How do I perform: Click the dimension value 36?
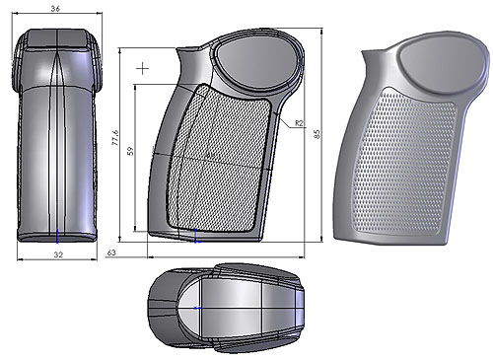tap(57, 8)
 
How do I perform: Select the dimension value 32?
tap(57, 254)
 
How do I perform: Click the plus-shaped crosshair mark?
tap(146, 68)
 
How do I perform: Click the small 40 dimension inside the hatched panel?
tap(208, 155)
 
